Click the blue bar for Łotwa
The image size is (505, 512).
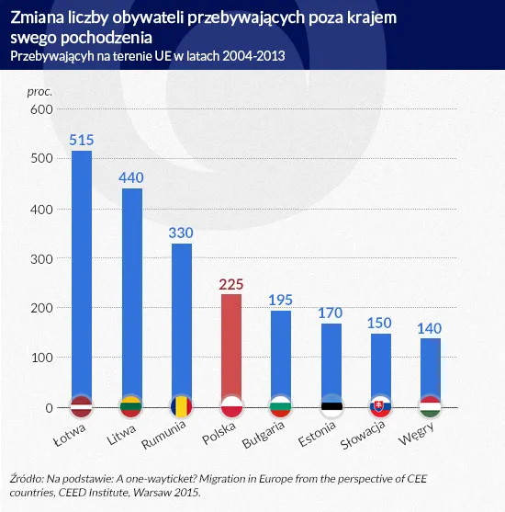82,276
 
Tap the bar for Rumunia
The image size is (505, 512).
181,322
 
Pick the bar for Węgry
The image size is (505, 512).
429,368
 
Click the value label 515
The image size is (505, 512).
82,140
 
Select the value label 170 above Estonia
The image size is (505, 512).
330,313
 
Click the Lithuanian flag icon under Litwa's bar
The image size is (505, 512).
131,406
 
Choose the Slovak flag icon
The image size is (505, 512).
379,406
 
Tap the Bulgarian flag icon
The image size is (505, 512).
280,406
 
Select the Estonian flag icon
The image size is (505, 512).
330,406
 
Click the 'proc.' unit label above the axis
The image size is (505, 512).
40,91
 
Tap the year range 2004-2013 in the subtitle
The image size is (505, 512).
252,56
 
